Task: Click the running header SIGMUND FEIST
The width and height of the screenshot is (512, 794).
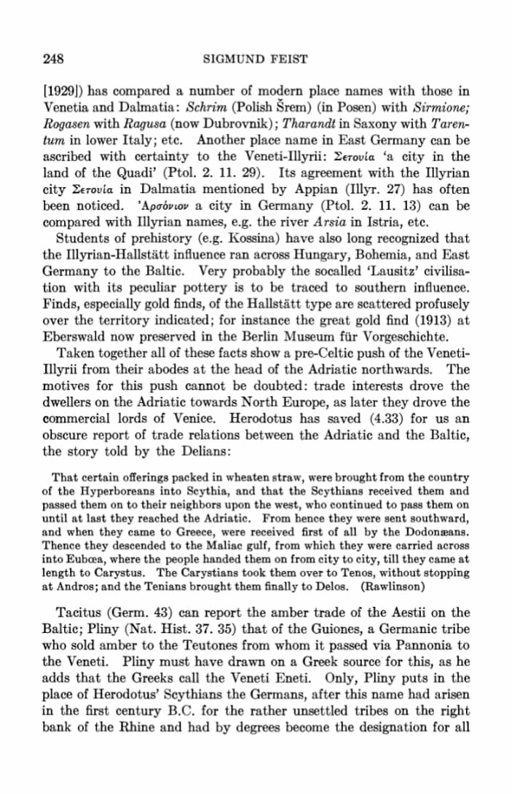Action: tap(256, 58)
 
